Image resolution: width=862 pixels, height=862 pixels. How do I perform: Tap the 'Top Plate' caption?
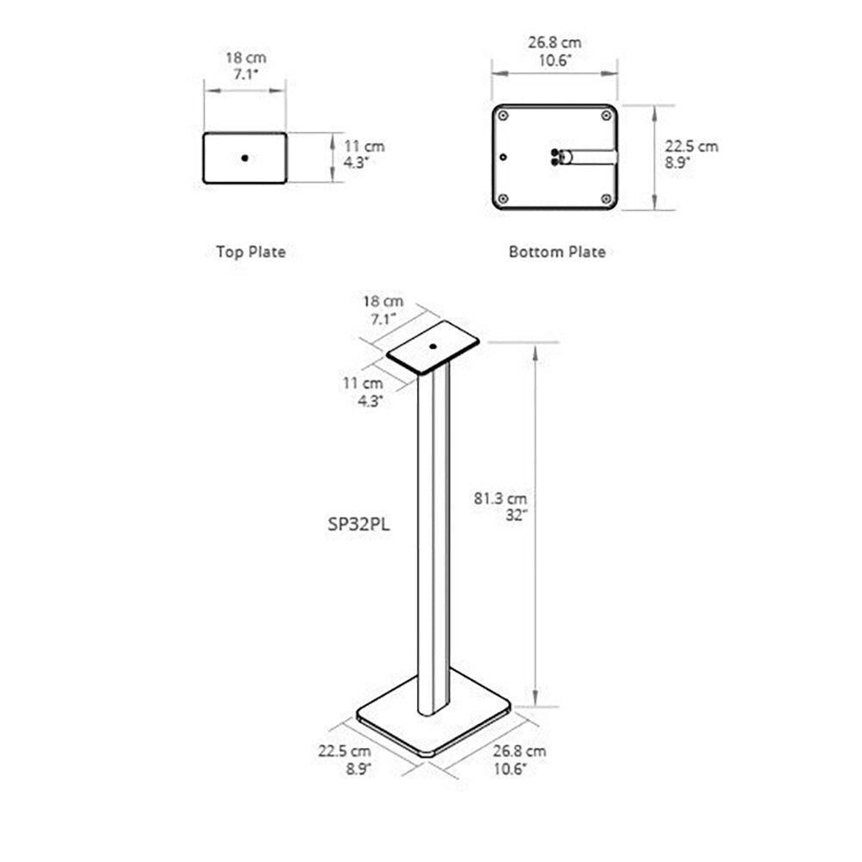(250, 252)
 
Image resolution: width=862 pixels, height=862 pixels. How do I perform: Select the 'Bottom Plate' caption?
(557, 252)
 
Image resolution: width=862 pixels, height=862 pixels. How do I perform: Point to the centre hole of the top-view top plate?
(245, 158)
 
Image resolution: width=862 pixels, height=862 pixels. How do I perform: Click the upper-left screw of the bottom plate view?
(503, 116)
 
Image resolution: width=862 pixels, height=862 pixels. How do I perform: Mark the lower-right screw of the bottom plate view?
(608, 199)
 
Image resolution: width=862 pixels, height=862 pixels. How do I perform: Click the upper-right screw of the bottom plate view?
(608, 116)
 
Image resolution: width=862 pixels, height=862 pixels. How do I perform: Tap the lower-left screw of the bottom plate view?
(503, 199)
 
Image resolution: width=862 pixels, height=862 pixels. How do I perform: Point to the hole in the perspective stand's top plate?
(434, 347)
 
